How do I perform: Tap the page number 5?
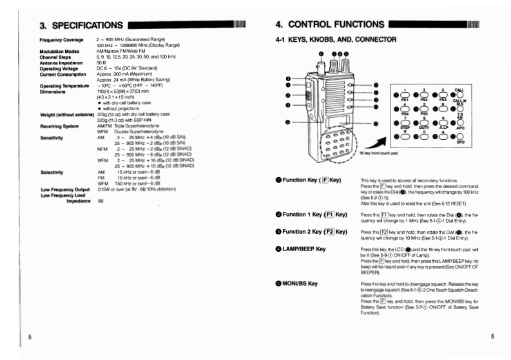(30, 337)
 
